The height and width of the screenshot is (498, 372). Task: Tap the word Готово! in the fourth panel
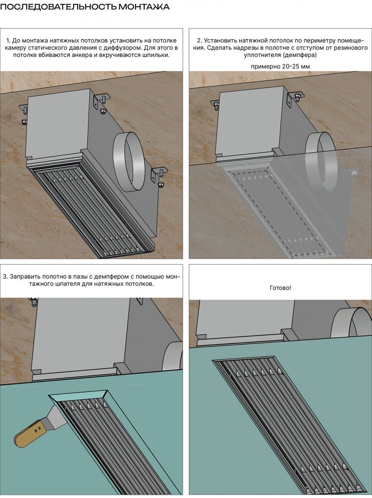pos(280,288)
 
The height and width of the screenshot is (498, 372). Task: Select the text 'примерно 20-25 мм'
pos(280,66)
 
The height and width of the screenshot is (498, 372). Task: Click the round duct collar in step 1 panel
pos(129,162)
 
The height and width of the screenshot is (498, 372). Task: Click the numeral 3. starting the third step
pos(5,277)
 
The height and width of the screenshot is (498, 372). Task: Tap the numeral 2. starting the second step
pos(199,41)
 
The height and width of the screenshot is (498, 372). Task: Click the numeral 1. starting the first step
pos(8,41)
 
